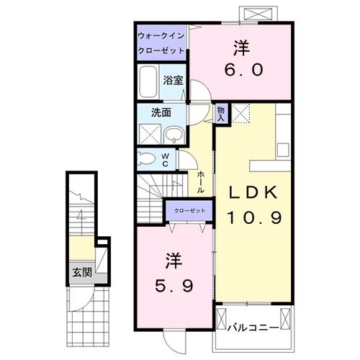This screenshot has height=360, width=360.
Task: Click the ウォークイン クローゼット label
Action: (x=161, y=43)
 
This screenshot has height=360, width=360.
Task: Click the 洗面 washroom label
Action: (x=160, y=112)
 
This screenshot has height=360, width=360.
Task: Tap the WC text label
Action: (x=165, y=158)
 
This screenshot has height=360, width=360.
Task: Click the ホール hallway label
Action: (x=200, y=180)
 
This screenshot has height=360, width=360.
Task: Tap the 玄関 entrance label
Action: (x=81, y=272)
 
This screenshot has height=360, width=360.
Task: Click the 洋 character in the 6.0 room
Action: (x=240, y=48)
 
